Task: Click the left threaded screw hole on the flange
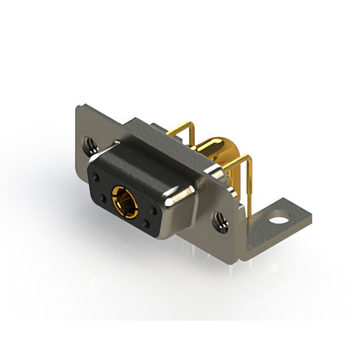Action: pos(89,147)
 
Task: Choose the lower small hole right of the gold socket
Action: pos(146,224)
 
